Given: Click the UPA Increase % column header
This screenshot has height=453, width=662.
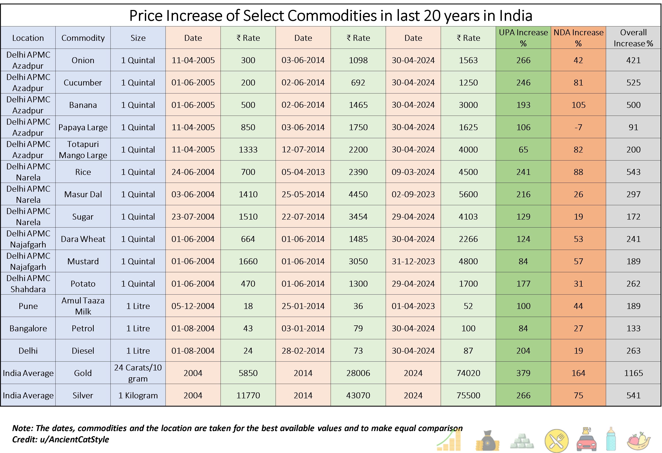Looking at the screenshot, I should (523, 38).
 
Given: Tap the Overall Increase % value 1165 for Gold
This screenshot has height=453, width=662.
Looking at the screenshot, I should (633, 373).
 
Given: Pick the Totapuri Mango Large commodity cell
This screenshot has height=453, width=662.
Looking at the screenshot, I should (83, 149).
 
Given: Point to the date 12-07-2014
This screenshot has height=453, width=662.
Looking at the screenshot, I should (303, 149).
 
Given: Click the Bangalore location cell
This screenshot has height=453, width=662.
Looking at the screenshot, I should (28, 328).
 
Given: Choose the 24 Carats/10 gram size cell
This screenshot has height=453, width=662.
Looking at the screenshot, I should (138, 373).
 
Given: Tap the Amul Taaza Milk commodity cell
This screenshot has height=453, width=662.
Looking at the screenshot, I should (83, 306).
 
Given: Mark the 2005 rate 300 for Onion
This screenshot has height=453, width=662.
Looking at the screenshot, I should (248, 60).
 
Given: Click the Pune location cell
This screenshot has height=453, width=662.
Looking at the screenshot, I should (28, 306).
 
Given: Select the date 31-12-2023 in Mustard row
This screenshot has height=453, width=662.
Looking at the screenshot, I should (413, 261).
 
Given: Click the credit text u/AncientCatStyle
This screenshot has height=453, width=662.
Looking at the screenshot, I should (74, 439).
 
